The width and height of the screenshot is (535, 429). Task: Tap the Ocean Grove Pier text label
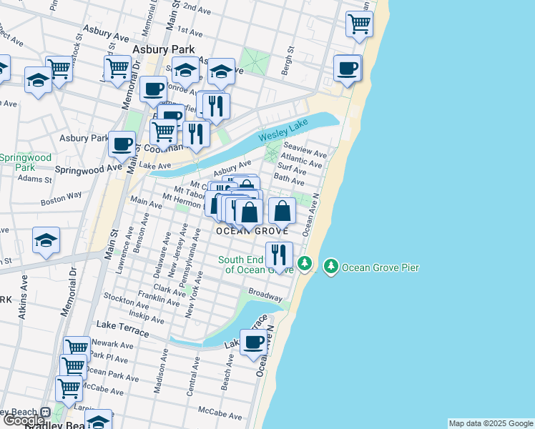pos(380,268)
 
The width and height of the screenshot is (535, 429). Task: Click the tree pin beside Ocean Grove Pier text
pos(330,267)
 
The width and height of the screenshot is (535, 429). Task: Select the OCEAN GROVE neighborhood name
pos(252,231)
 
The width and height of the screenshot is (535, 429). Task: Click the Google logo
pos(23,421)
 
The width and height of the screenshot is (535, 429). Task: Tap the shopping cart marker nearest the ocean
pos(359,23)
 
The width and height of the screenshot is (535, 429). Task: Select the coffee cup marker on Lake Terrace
pos(253,342)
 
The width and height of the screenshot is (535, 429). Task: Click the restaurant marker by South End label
pos(279,254)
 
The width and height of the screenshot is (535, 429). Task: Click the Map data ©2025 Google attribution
pos(491,423)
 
